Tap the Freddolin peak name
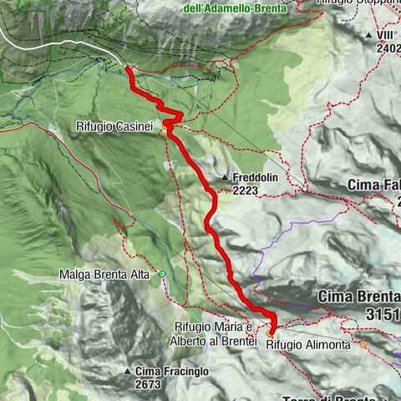click(x=257, y=178)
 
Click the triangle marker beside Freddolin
click(x=226, y=178)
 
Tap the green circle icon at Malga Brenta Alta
click(x=162, y=274)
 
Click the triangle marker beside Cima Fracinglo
click(x=127, y=371)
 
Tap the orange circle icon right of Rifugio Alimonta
click(x=363, y=343)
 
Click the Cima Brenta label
click(x=358, y=297)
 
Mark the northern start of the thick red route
click(x=129, y=69)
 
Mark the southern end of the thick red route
click(x=272, y=332)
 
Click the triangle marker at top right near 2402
click(x=368, y=35)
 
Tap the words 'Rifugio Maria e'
click(x=214, y=326)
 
